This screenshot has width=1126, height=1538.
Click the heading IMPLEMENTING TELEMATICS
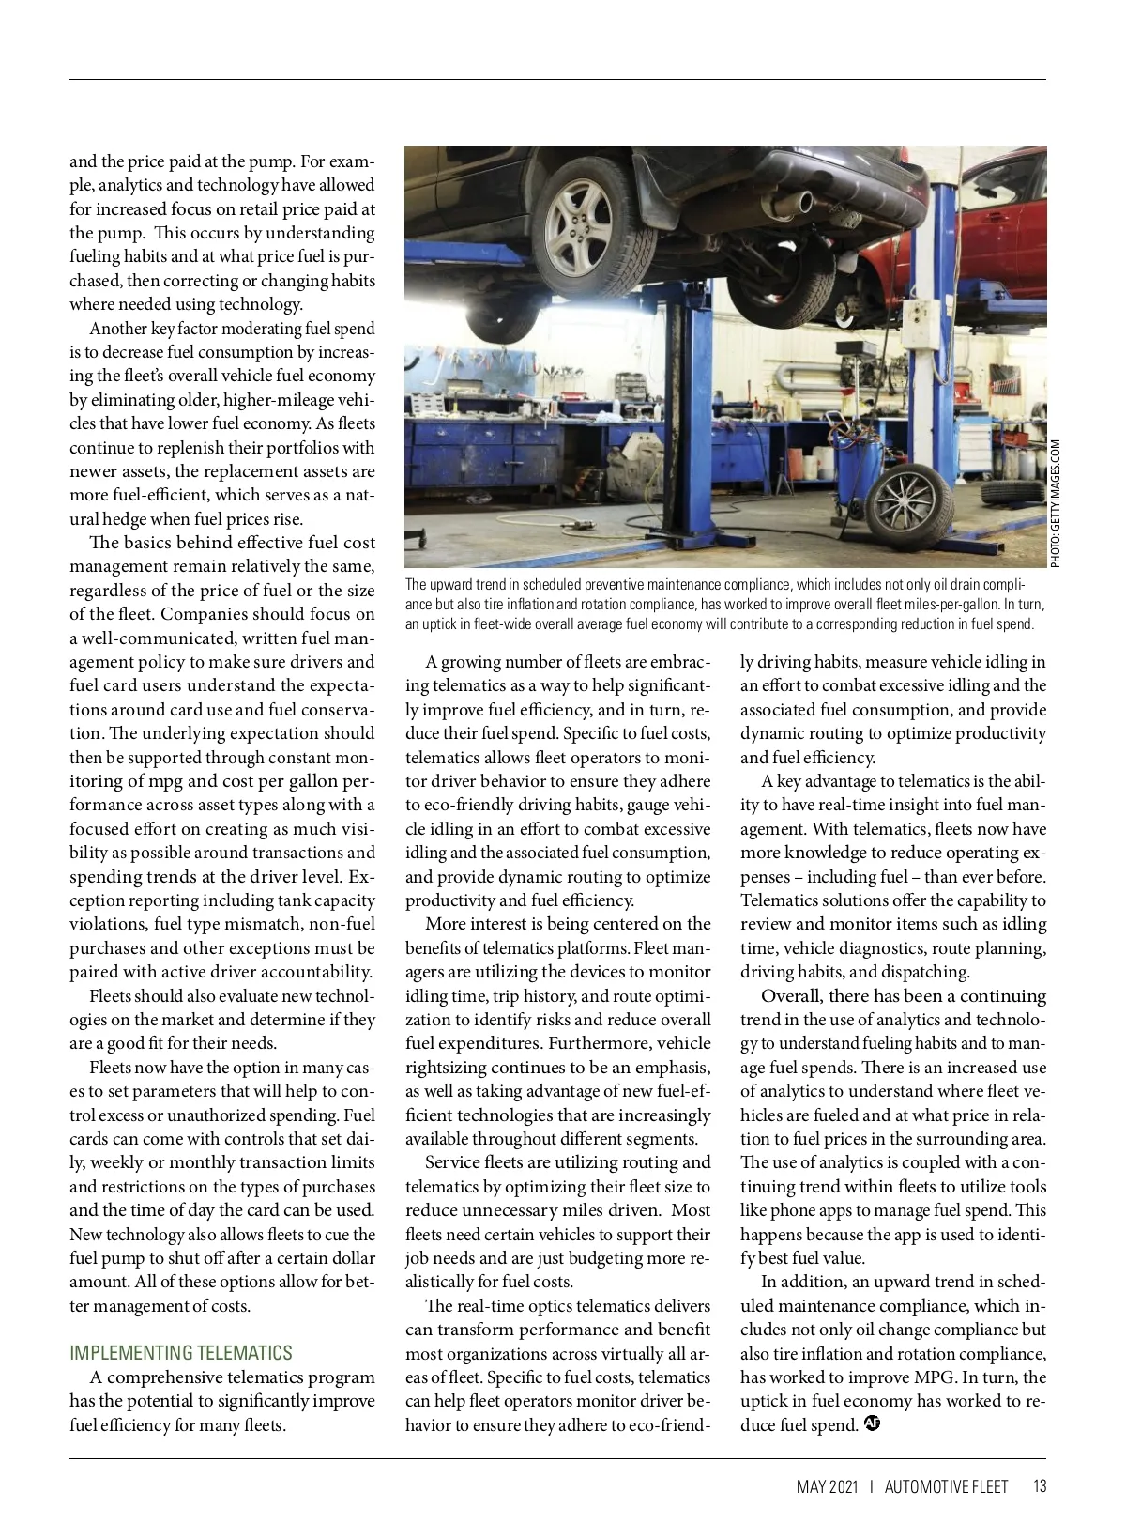181,1353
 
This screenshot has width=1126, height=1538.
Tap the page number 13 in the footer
1039,1486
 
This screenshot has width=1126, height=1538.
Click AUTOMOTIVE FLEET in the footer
946,1486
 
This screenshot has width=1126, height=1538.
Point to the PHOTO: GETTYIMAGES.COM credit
1056,503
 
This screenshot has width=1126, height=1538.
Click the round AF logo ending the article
872,1424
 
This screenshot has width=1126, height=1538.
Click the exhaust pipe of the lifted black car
804,203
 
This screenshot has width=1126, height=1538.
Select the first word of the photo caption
417,585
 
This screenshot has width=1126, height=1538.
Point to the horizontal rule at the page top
557,80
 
